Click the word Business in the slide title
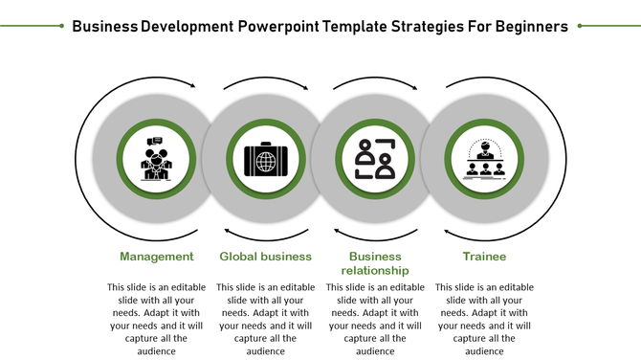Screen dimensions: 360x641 click(104, 26)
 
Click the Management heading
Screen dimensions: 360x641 click(157, 257)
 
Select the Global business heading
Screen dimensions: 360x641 click(266, 257)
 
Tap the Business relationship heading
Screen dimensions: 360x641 click(375, 263)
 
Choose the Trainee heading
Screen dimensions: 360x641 click(484, 257)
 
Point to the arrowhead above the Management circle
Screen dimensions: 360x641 click(192, 86)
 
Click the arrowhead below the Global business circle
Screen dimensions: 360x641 click(227, 231)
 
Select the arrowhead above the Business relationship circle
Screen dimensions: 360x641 click(412, 87)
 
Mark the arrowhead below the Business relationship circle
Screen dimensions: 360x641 click(337, 231)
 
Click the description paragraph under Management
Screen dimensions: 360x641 click(157, 319)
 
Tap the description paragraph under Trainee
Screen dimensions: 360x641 click(484, 319)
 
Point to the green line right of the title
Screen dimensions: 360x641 click(608, 27)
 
